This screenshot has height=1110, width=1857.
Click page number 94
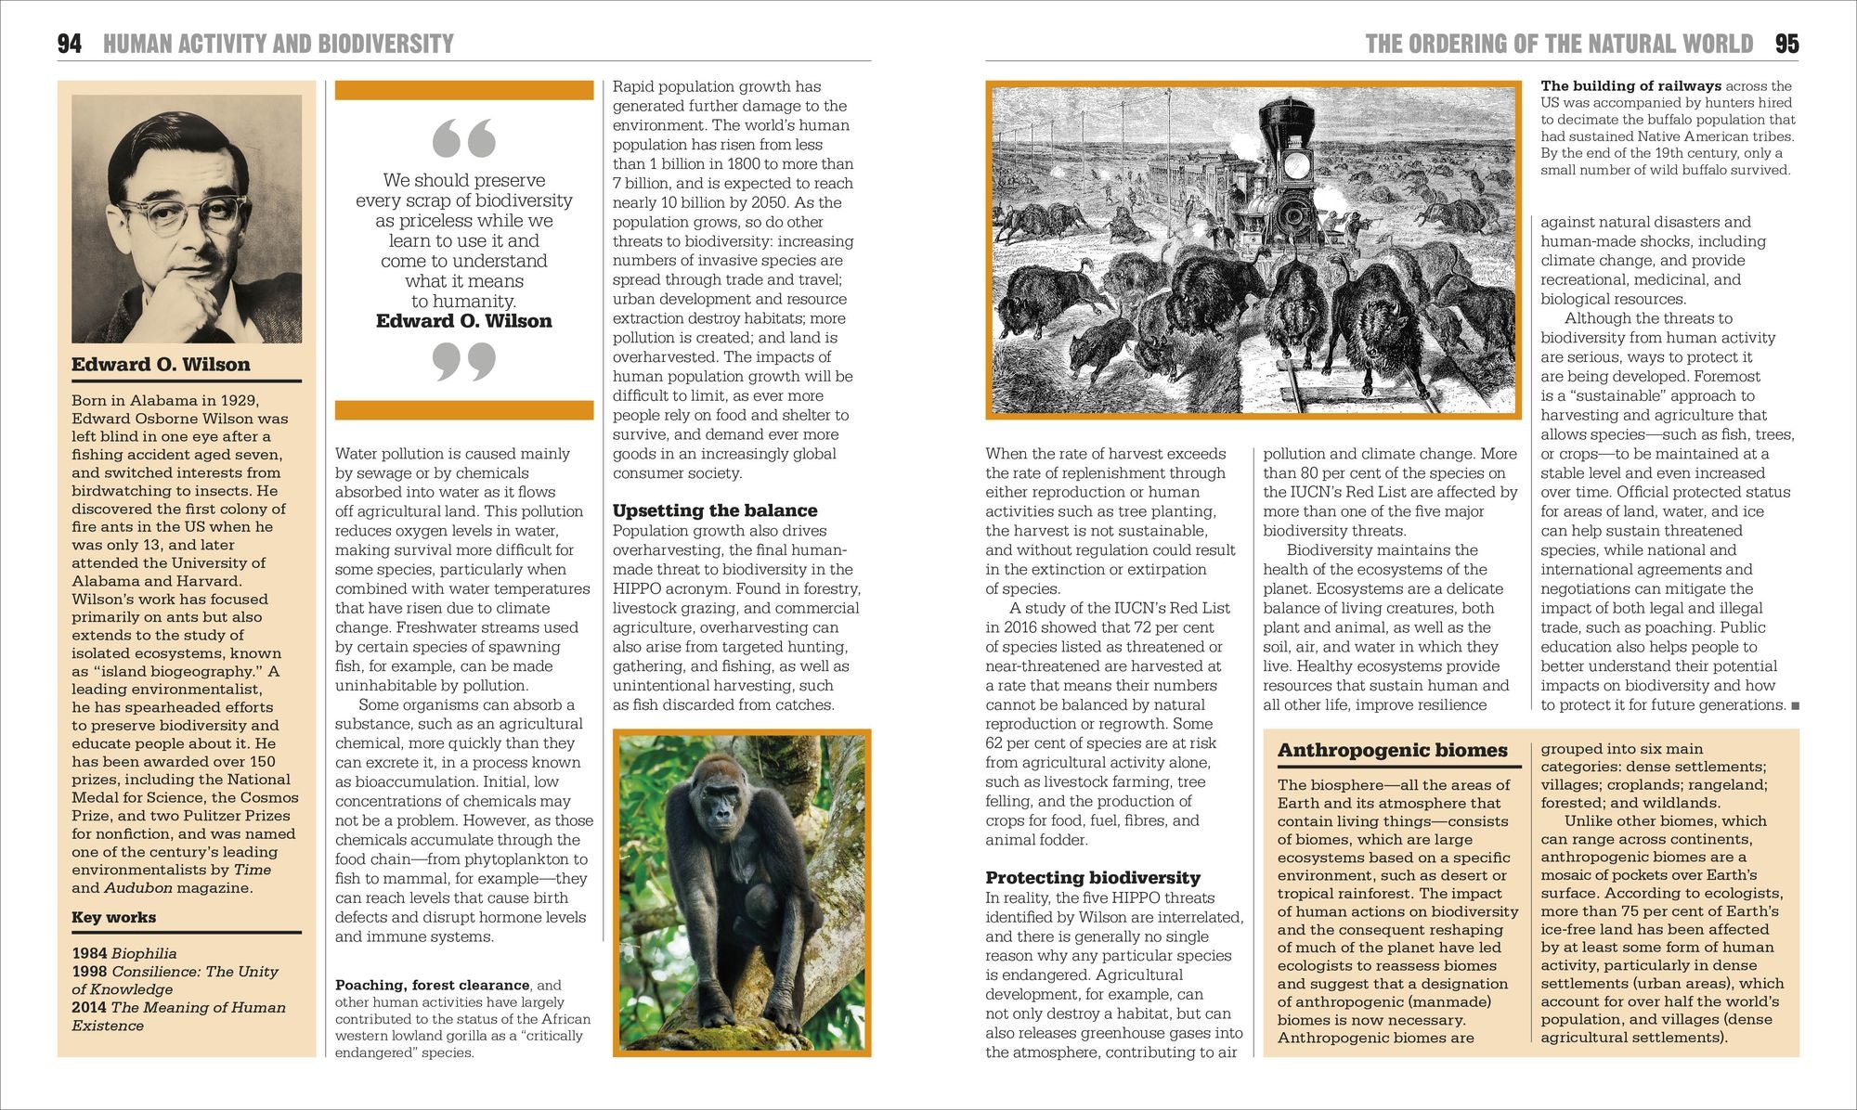coord(70,44)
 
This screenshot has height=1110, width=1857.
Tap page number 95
coord(1786,44)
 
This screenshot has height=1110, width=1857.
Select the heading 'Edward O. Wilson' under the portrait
coord(161,365)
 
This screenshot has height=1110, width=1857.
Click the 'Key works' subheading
coord(113,918)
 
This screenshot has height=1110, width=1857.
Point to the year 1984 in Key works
coord(89,953)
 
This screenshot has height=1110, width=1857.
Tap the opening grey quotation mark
coord(464,139)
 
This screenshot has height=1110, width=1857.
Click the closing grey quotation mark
coord(464,361)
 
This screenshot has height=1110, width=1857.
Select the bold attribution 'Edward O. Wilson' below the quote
coord(463,321)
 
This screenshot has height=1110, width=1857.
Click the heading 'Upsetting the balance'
coord(715,510)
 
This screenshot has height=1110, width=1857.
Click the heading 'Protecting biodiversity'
coord(1093,878)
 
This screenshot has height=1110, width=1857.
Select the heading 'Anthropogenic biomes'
coord(1392,751)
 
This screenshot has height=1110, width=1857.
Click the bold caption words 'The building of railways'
coord(1630,86)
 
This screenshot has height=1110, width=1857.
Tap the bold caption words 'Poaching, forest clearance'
coord(432,986)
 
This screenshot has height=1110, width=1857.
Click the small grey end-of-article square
coord(1795,706)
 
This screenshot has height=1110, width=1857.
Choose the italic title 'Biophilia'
coord(144,953)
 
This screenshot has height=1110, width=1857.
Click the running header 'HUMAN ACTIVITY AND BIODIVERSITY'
coord(279,44)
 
